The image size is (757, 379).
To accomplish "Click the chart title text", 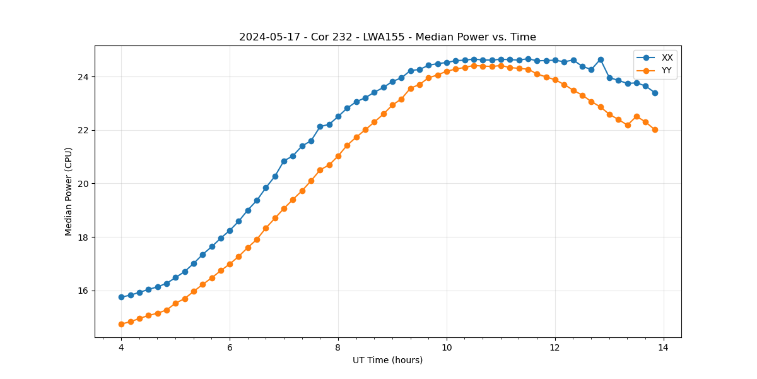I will coord(387,37).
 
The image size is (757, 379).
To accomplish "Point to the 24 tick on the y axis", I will coord(84,77).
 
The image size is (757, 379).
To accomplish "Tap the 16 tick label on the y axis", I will coord(84,291).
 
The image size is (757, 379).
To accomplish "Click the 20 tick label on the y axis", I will coord(84,184).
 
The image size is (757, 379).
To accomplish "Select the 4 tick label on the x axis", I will coord(121,347).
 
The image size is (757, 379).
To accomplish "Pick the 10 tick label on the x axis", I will coord(447,347).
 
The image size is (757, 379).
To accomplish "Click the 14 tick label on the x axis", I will coord(664,347).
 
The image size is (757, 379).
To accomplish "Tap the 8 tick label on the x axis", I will coord(338,347).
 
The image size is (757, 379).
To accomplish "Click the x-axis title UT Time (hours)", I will coord(387,360).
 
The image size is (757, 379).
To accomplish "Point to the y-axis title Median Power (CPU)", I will coord(69,191).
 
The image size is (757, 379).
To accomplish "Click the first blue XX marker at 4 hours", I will coord(121,297).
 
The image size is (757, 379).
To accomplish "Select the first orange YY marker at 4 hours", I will coord(121,324).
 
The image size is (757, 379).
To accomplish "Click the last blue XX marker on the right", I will coord(655,93).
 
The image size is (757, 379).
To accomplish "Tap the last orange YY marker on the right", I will coord(655,129).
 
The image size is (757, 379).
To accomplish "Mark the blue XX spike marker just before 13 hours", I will coord(601,59).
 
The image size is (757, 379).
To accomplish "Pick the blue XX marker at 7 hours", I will coord(284,161).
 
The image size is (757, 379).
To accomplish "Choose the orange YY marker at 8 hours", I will coord(338,156).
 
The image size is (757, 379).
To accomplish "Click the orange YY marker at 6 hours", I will coord(230,264).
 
